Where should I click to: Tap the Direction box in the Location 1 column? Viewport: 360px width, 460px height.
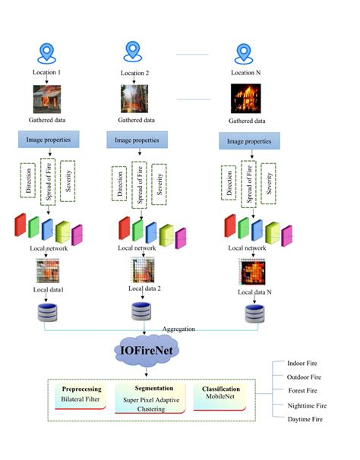tap(28, 180)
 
